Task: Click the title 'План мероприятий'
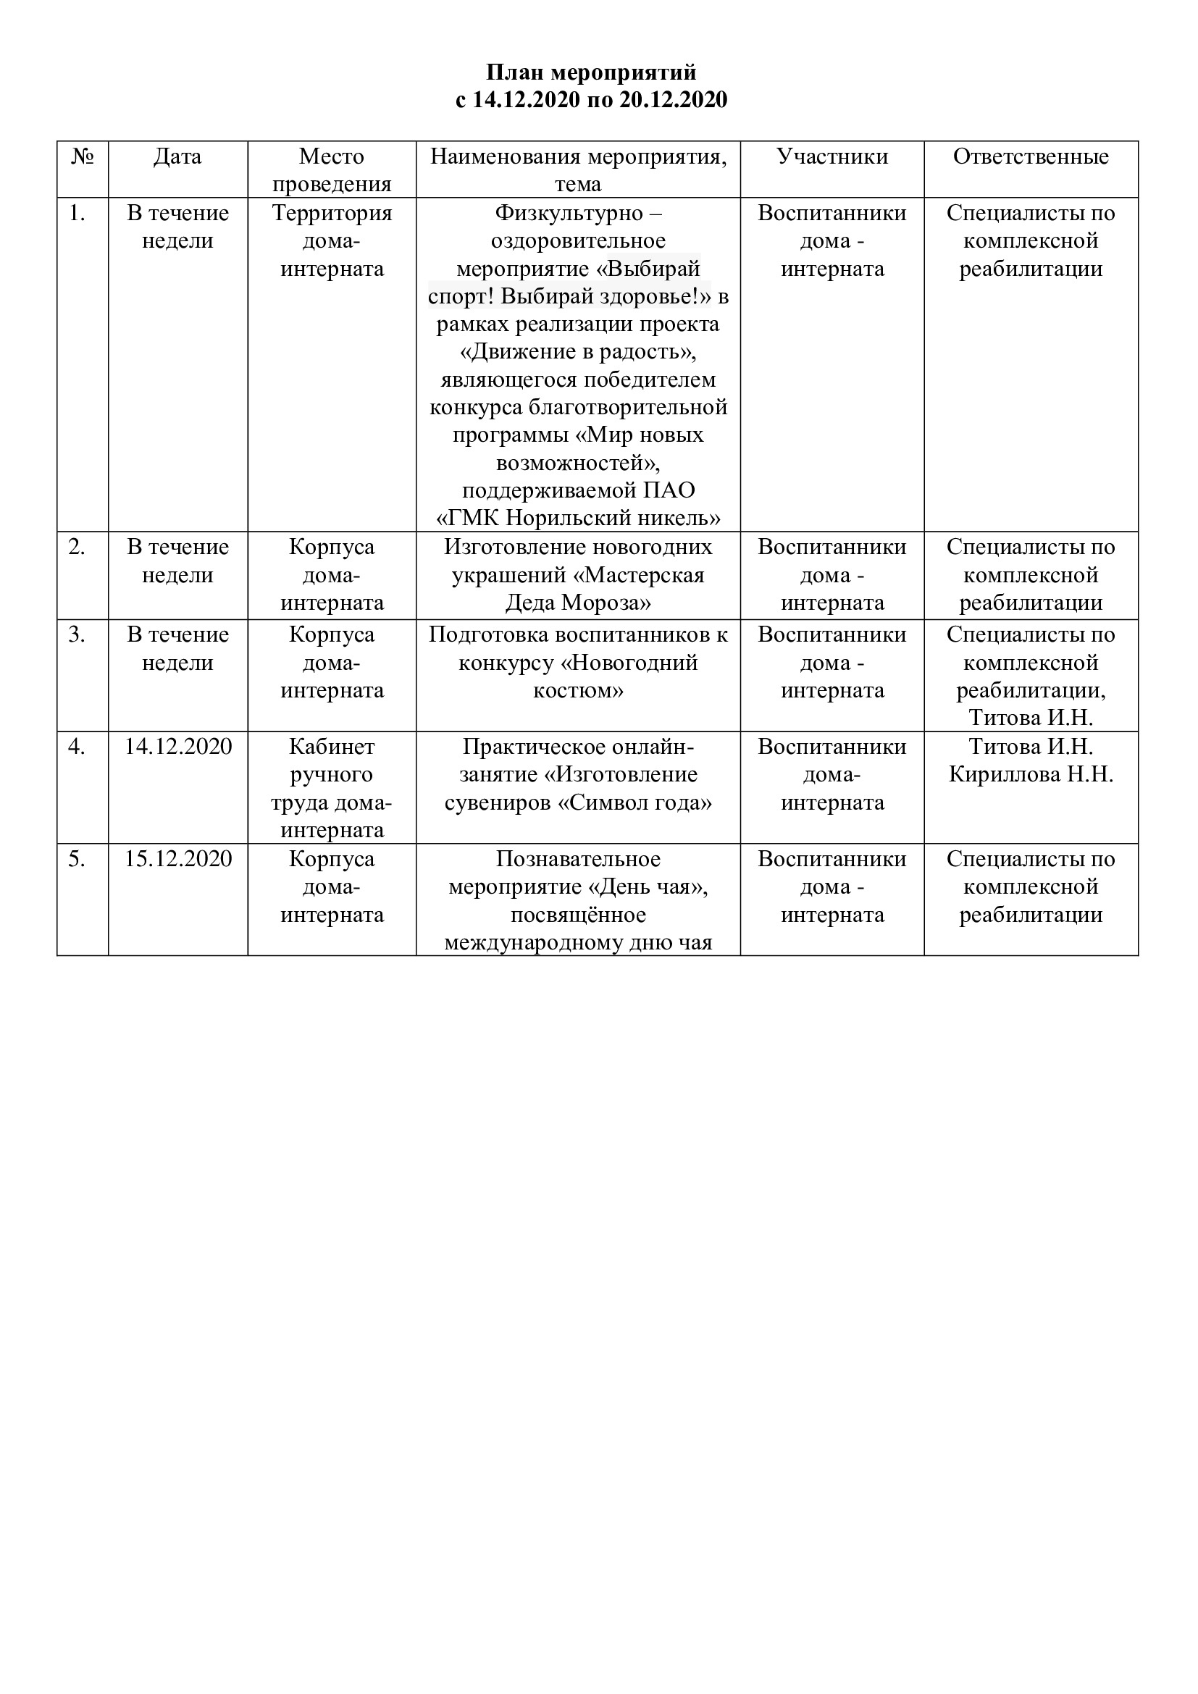(x=591, y=72)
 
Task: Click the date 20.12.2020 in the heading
(x=673, y=100)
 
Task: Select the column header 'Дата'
(x=177, y=156)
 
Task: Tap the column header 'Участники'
(x=832, y=156)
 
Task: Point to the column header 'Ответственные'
(x=1031, y=156)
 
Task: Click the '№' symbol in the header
(x=83, y=156)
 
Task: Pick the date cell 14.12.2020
(x=177, y=747)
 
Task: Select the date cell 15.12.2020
(x=177, y=859)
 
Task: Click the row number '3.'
(x=77, y=634)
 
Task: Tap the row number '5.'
(x=77, y=859)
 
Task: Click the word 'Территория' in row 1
(x=332, y=213)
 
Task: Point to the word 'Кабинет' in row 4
(x=332, y=747)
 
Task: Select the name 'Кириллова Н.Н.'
(x=1031, y=775)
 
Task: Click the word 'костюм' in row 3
(x=578, y=691)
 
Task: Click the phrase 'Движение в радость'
(x=577, y=352)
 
